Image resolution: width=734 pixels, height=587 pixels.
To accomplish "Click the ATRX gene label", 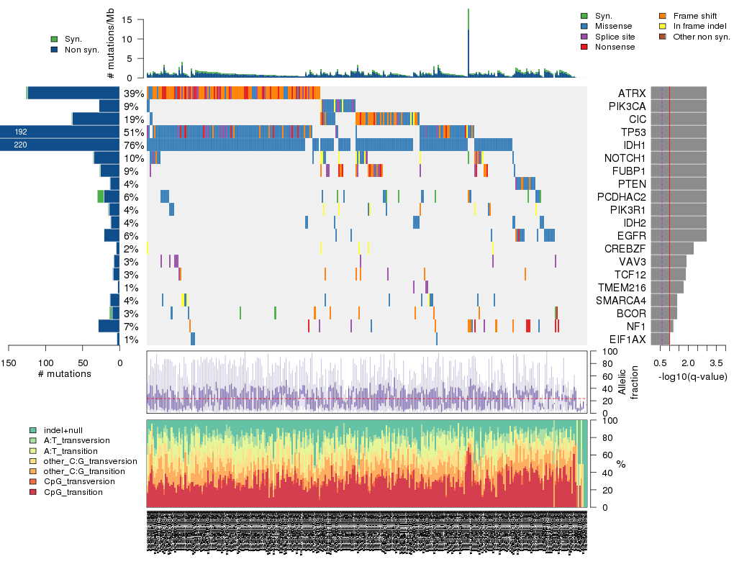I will [x=632, y=94].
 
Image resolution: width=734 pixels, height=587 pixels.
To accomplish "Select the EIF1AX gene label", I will [x=627, y=340].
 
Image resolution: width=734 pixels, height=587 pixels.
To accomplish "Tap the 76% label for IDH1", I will [x=132, y=145].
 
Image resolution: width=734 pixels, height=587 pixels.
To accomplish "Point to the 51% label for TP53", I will [x=132, y=132].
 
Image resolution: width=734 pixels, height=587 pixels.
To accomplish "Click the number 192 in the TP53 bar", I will [x=20, y=132].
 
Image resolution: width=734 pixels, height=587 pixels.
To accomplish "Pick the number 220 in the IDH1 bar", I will [x=20, y=145].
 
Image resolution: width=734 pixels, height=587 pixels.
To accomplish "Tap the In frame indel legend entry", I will [x=695, y=26].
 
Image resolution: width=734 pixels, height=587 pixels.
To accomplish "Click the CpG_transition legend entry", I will [x=73, y=492].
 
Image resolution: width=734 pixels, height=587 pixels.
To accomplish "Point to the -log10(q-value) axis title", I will [x=692, y=377].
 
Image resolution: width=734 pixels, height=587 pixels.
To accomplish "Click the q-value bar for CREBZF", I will [x=672, y=249].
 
